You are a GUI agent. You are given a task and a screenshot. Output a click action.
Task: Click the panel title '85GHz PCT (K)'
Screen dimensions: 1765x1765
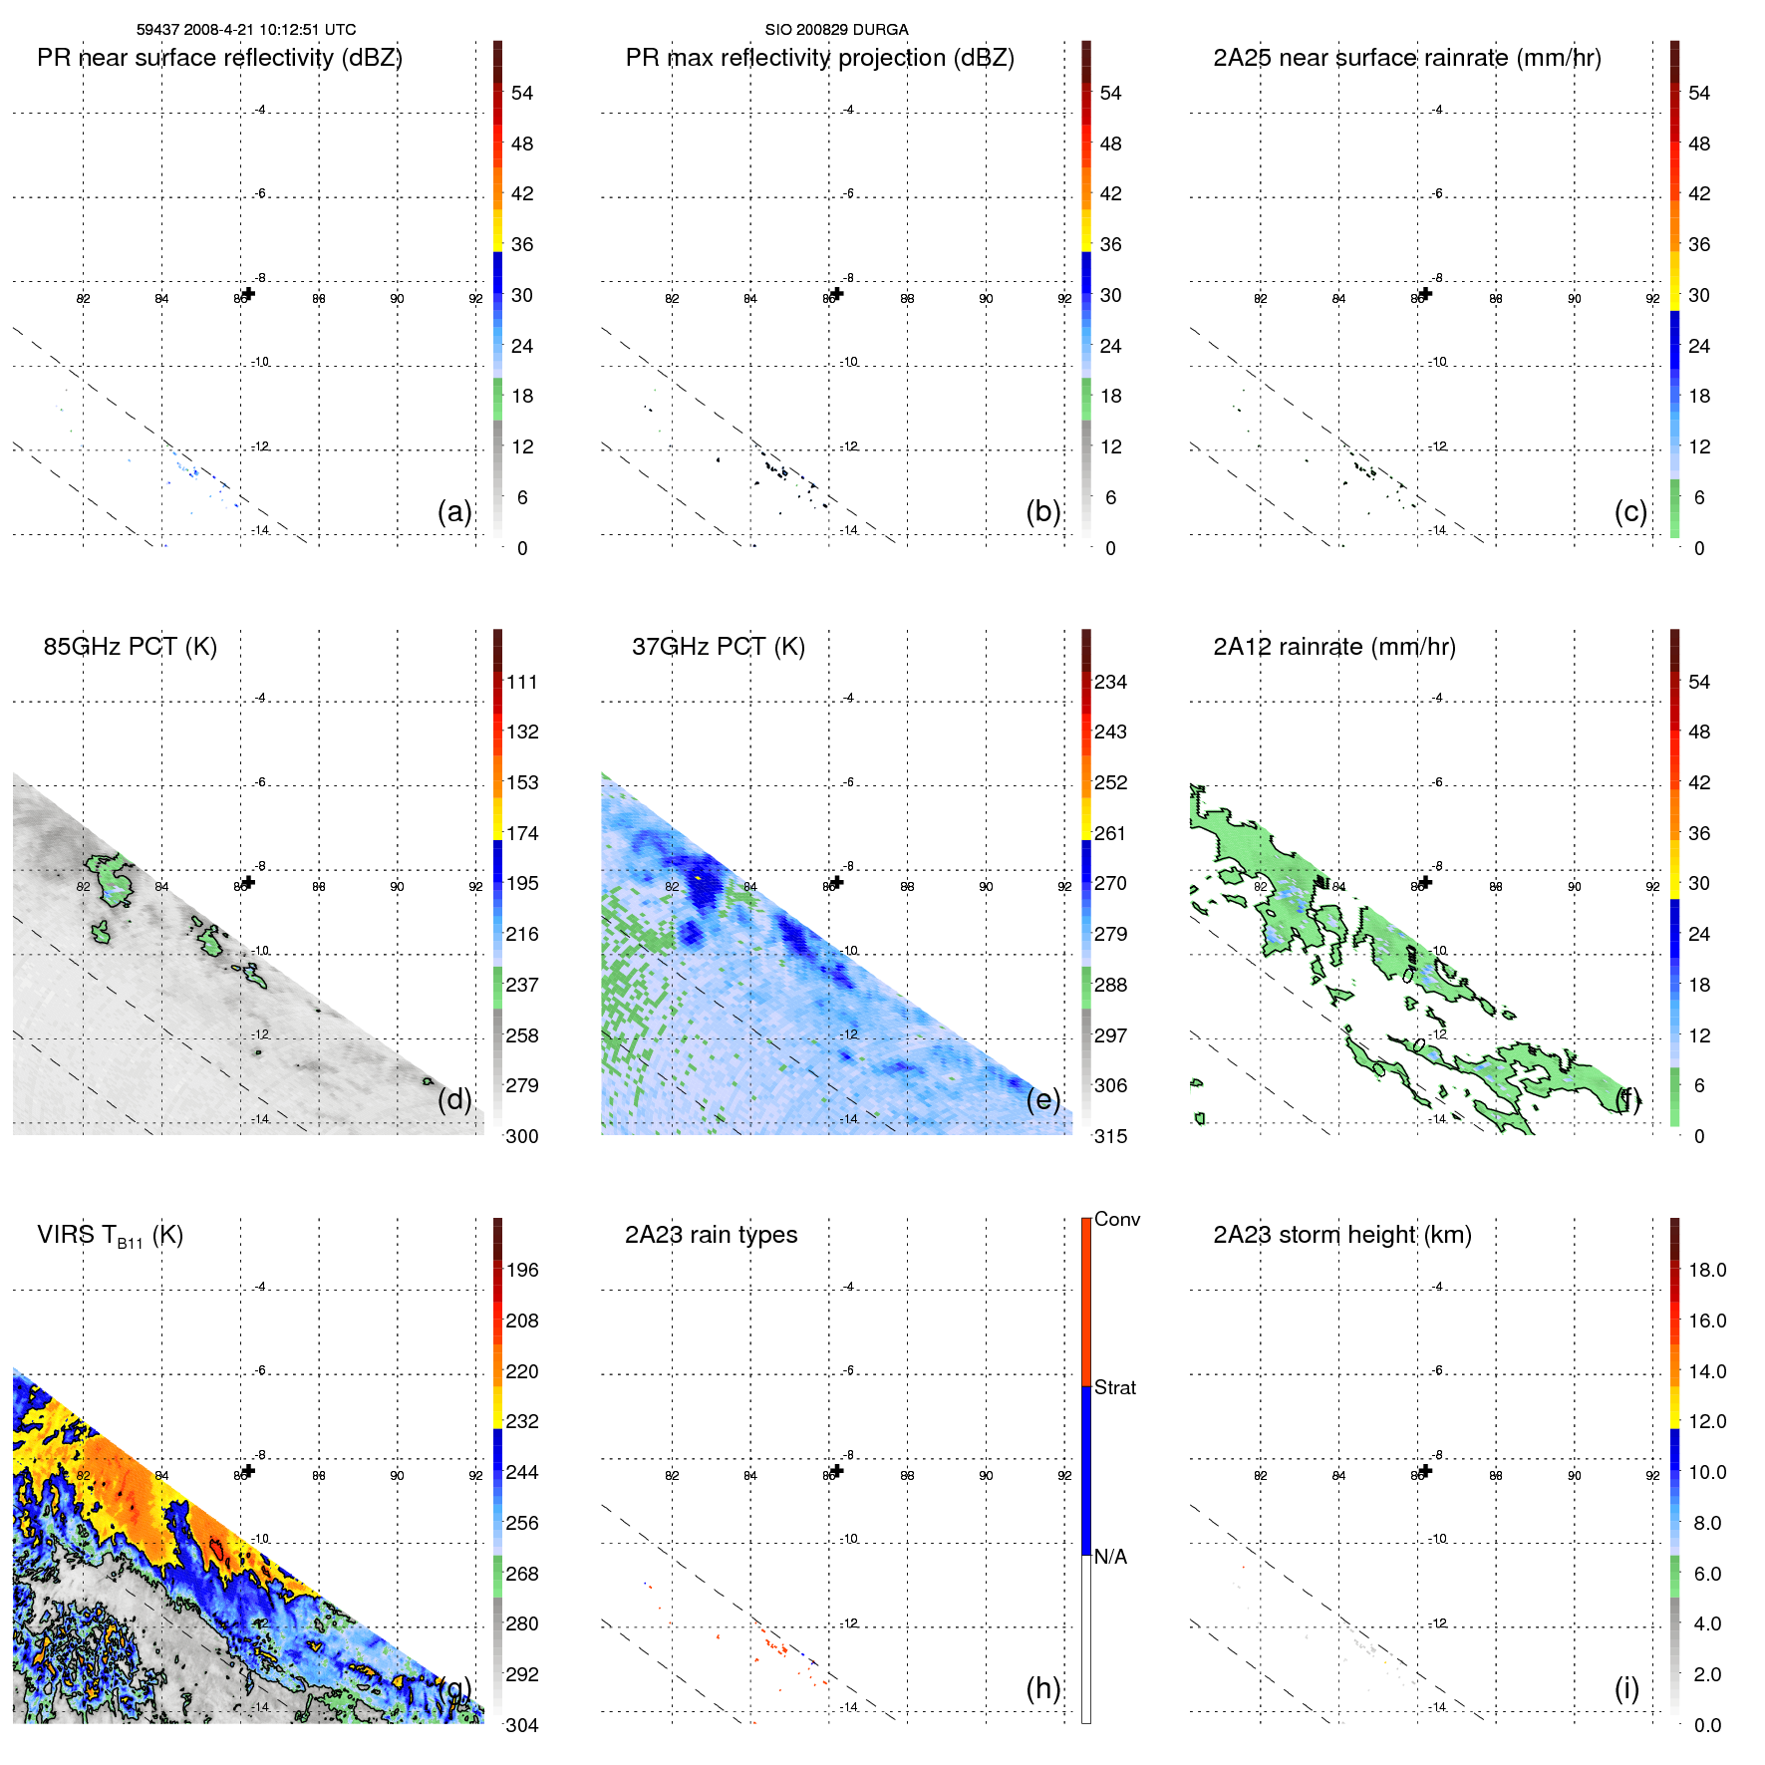(x=130, y=647)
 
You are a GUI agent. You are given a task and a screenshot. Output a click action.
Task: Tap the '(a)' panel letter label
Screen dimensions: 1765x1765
(x=454, y=511)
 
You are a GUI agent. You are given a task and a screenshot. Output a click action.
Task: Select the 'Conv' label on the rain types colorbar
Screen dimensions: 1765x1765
(x=1116, y=1219)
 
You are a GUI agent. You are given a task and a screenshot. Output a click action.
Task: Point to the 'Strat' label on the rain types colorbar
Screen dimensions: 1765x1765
(x=1114, y=1387)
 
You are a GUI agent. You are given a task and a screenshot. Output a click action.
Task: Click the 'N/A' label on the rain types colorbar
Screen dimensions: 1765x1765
(x=1110, y=1557)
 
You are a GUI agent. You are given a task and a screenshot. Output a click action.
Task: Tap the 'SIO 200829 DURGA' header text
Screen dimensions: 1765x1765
(x=836, y=30)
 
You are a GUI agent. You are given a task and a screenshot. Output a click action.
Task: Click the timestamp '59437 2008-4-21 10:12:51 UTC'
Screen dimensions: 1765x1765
(x=246, y=30)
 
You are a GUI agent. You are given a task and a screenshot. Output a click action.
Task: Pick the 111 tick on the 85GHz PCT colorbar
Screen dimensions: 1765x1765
(x=522, y=682)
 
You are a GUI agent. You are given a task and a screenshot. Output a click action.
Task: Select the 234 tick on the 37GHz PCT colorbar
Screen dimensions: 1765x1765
(x=1110, y=682)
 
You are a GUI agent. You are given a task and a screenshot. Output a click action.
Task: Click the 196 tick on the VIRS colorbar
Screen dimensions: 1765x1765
(x=522, y=1270)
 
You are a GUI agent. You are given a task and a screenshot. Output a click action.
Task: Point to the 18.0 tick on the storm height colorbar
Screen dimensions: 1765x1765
(x=1707, y=1270)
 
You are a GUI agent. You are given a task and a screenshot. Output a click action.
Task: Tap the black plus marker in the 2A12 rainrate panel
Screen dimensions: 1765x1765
(x=1425, y=882)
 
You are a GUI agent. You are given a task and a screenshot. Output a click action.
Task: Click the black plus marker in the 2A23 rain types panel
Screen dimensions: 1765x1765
(x=837, y=1470)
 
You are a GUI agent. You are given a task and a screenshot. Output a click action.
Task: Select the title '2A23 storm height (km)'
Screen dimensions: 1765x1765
(x=1342, y=1235)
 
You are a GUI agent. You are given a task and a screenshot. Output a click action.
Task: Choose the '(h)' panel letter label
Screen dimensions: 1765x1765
(x=1043, y=1688)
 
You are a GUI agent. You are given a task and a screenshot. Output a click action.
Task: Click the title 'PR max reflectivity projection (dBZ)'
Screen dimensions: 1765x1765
(x=819, y=58)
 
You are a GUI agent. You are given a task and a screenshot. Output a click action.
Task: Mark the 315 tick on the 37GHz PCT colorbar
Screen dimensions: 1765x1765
(x=1110, y=1136)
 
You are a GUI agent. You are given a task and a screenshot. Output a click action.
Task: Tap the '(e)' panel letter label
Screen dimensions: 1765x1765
(x=1043, y=1099)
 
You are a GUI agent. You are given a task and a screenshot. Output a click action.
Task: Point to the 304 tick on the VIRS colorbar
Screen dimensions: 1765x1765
(x=522, y=1725)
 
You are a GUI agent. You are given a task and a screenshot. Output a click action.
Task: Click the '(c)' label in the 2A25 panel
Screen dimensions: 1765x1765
(x=1630, y=511)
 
